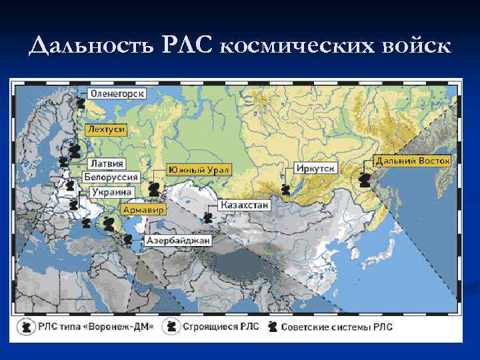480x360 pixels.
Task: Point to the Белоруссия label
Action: point(111,177)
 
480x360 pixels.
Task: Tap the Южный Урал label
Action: point(199,170)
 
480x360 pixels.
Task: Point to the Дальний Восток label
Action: point(413,161)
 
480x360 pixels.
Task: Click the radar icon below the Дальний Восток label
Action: point(365,180)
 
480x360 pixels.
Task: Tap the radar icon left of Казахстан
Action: point(209,217)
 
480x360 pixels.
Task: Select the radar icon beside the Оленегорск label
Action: point(80,103)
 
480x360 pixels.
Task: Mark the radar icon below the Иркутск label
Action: point(285,190)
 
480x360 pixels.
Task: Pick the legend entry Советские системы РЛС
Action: point(337,327)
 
